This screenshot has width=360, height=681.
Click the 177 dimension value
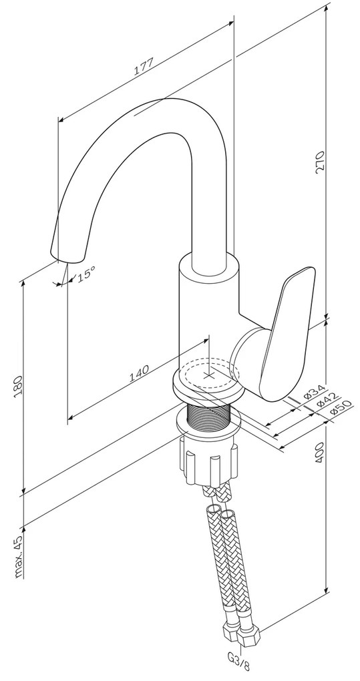point(144,67)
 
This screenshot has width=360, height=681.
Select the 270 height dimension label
point(320,162)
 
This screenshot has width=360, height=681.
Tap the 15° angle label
point(86,274)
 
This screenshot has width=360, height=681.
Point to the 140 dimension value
point(139,372)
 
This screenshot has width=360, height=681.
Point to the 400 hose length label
point(320,454)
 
